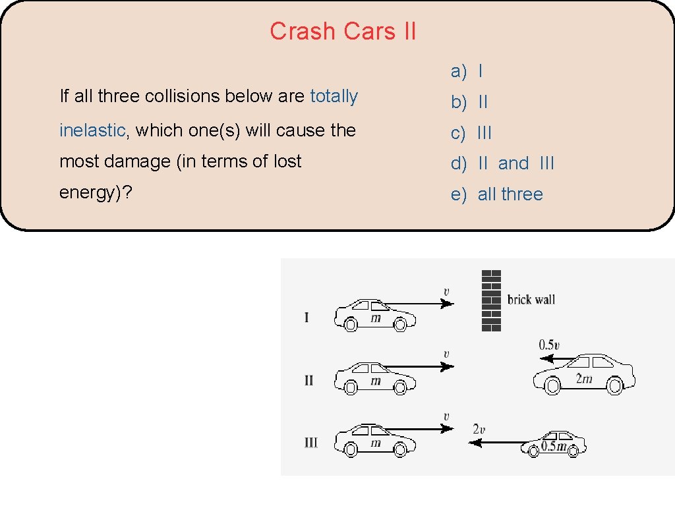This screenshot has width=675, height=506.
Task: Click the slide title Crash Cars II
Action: click(x=343, y=31)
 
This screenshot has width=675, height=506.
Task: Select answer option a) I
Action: click(x=467, y=70)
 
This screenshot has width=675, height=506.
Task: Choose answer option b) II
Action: click(x=469, y=102)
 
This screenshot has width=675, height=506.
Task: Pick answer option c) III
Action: click(x=471, y=133)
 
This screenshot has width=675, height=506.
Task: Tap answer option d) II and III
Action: click(x=502, y=163)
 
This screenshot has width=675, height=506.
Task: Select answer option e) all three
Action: click(x=496, y=194)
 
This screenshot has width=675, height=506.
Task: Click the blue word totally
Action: click(x=334, y=96)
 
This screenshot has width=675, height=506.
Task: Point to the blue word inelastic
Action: click(x=92, y=130)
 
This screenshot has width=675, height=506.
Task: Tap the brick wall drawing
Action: click(x=492, y=300)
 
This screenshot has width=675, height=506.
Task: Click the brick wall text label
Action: click(x=531, y=300)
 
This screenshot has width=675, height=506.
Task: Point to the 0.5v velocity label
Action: click(x=550, y=345)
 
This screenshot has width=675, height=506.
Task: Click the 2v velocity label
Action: click(x=479, y=429)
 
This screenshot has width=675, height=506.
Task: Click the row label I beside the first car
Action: click(x=307, y=318)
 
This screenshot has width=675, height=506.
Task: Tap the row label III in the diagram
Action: click(x=310, y=443)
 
